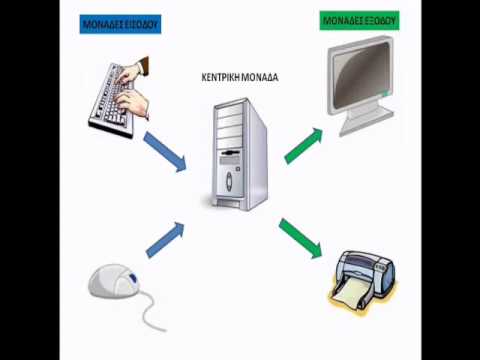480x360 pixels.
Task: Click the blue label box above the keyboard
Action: pyautogui.click(x=120, y=24)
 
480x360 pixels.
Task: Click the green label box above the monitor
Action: pyautogui.click(x=359, y=21)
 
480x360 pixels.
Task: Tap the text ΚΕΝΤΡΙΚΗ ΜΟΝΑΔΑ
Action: pyautogui.click(x=240, y=77)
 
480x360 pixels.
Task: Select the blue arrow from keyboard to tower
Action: pyautogui.click(x=165, y=152)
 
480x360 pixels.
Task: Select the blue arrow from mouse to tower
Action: pyautogui.click(x=165, y=240)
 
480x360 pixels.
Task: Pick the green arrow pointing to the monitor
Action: pyautogui.click(x=304, y=146)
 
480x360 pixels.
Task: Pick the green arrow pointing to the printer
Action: pyautogui.click(x=301, y=238)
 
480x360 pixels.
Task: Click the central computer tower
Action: pyautogui.click(x=239, y=154)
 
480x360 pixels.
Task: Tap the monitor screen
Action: pyautogui.click(x=360, y=74)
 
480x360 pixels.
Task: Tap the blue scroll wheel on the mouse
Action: pyautogui.click(x=133, y=278)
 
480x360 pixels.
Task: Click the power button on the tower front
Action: pyautogui.click(x=229, y=181)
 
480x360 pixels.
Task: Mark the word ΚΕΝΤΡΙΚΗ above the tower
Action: pyautogui.click(x=221, y=77)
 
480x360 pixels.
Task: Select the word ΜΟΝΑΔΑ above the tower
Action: pyautogui.click(x=260, y=77)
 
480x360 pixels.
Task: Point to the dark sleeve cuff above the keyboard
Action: pyautogui.click(x=144, y=65)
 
